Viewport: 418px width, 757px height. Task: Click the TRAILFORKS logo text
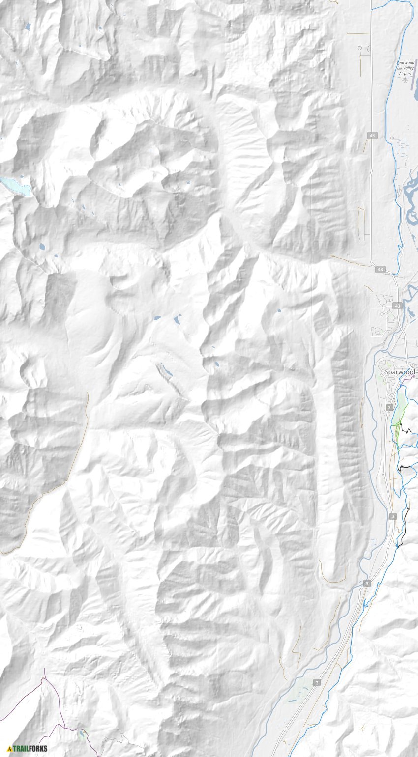pyautogui.click(x=30, y=749)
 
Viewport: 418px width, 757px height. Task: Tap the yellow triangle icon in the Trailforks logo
pyautogui.click(x=9, y=749)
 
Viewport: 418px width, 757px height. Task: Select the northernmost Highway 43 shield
pyautogui.click(x=374, y=135)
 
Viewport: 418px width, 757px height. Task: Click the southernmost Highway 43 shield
pyautogui.click(x=397, y=306)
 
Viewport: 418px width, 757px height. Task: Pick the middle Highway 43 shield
pyautogui.click(x=380, y=269)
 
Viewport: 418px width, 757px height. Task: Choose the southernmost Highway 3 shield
pyautogui.click(x=316, y=683)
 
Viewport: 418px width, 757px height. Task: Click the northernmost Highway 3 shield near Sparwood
pyautogui.click(x=389, y=408)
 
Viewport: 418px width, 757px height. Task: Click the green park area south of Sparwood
pyautogui.click(x=399, y=413)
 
